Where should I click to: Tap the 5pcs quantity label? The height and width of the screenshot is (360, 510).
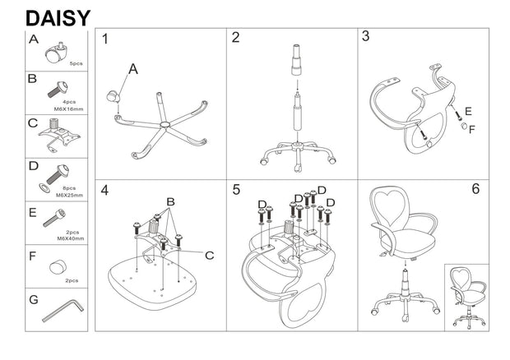76,63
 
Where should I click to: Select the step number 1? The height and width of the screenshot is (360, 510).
105,39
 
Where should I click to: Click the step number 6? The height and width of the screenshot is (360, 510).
475,189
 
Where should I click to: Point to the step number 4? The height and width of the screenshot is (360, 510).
105,191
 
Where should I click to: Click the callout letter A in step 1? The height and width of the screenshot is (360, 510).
132,70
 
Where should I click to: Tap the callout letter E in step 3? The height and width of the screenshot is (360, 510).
468,111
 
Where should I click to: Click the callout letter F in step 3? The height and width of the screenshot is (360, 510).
471,129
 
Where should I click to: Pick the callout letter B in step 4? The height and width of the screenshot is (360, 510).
171,201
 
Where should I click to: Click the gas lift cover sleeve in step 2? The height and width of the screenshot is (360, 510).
294,63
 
